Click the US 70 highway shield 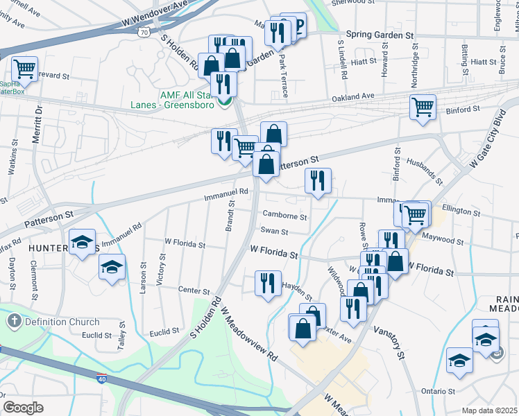point(143,32)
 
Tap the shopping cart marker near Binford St point(422,107)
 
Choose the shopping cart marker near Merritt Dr point(25,69)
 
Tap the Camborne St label point(284,216)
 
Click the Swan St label point(274,230)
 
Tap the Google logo point(23,408)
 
